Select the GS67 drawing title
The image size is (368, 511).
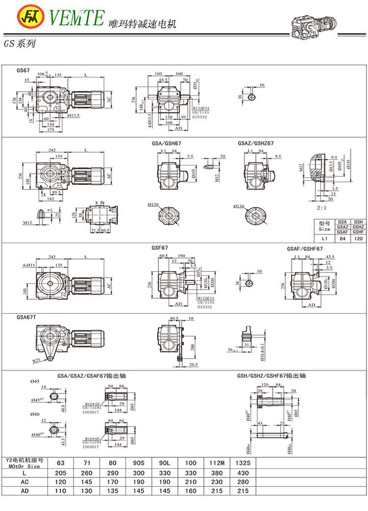[x=23, y=70]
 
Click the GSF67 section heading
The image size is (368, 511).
[x=159, y=248]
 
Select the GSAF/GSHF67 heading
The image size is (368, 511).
[x=305, y=249]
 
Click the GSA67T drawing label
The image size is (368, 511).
[x=26, y=317]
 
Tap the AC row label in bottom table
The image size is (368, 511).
[x=24, y=481]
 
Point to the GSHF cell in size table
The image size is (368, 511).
[x=358, y=231]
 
